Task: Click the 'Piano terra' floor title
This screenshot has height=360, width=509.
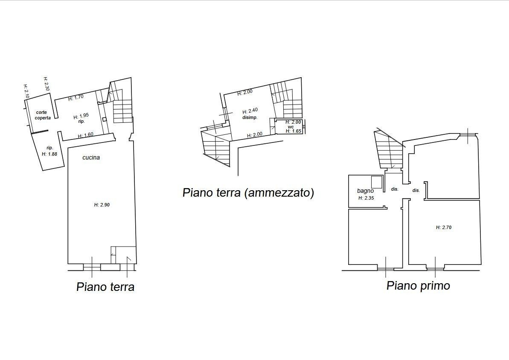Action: pyautogui.click(x=105, y=287)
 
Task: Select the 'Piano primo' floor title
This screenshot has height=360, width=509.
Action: pyautogui.click(x=418, y=286)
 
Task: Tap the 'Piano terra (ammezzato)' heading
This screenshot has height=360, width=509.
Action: pyautogui.click(x=248, y=192)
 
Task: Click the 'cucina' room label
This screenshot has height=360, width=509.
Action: pyautogui.click(x=91, y=157)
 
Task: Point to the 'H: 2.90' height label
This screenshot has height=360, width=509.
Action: pyautogui.click(x=102, y=205)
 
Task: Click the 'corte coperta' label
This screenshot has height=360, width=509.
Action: pyautogui.click(x=43, y=115)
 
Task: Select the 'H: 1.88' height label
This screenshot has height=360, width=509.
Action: pyautogui.click(x=49, y=154)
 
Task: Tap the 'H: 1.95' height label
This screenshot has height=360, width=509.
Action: pyautogui.click(x=81, y=116)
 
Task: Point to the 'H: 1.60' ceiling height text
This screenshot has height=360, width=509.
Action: pyautogui.click(x=86, y=135)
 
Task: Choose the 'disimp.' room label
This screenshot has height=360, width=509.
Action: pyautogui.click(x=250, y=117)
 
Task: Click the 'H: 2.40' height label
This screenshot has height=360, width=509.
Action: pyautogui.click(x=250, y=111)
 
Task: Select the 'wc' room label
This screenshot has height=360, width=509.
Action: pyautogui.click(x=291, y=127)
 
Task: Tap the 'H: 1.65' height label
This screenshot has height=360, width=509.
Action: pyautogui.click(x=294, y=131)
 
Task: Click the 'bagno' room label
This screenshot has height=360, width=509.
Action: pyautogui.click(x=366, y=191)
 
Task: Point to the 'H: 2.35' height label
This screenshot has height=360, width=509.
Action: pyautogui.click(x=366, y=198)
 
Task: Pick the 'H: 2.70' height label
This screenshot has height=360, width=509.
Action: pyautogui.click(x=444, y=227)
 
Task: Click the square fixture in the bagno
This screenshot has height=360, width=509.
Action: pyautogui.click(x=377, y=182)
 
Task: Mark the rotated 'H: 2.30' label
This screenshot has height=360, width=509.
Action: pyautogui.click(x=47, y=84)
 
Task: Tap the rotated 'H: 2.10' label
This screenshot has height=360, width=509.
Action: pyautogui.click(x=26, y=92)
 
